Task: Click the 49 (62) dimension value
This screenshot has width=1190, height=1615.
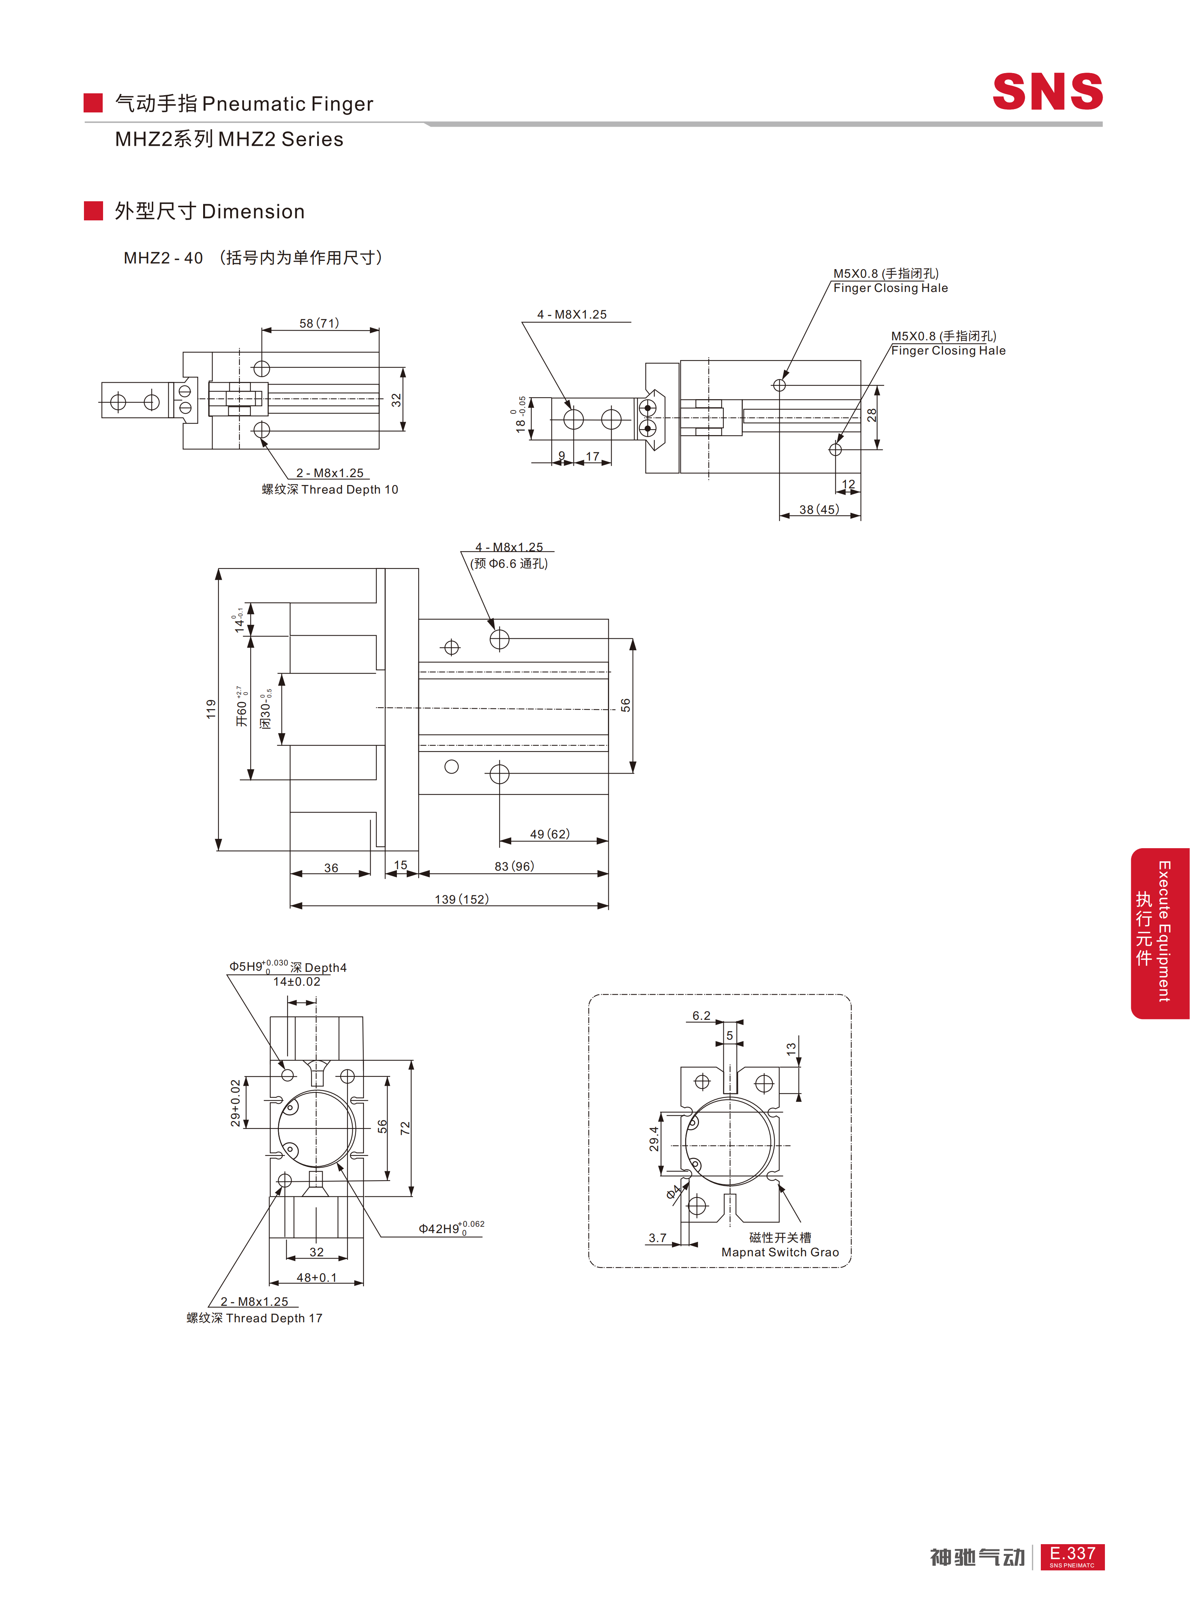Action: (549, 834)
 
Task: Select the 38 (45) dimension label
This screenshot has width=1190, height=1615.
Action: (819, 509)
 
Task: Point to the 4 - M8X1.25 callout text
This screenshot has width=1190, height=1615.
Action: (572, 315)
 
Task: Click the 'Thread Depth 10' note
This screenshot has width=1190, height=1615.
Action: (349, 490)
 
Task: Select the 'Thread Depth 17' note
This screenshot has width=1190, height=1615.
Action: (274, 1318)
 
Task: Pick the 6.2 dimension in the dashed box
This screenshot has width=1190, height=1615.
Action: (701, 1016)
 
